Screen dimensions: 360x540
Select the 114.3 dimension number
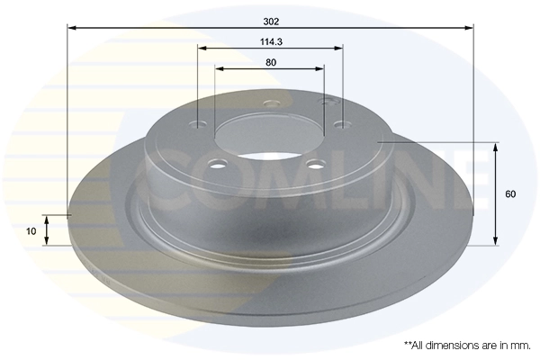click(270, 40)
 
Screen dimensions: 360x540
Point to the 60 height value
click(510, 193)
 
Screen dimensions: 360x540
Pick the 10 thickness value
click(31, 231)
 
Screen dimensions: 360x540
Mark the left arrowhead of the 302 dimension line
click(73, 27)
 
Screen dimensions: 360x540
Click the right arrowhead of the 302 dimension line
click(469, 27)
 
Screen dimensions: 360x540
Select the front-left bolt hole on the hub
click(215, 164)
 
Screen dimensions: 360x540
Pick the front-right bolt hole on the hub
click(316, 164)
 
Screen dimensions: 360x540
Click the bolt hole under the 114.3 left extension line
click(199, 125)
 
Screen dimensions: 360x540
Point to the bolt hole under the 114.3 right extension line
click(339, 124)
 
